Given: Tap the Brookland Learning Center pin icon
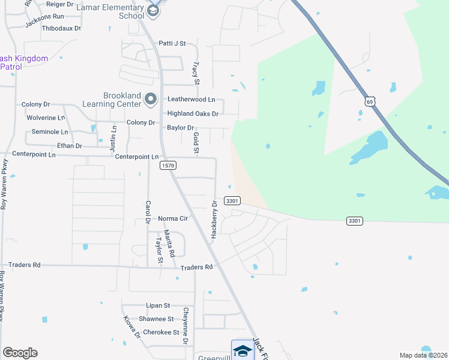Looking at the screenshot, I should pos(151,100).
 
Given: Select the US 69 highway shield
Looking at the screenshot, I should pos(370,101).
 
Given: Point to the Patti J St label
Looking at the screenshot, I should pos(172,43).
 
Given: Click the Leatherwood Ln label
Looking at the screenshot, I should pos(191,99).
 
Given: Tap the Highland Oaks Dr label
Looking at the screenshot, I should pos(193,113).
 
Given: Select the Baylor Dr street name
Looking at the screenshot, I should pos(181,128).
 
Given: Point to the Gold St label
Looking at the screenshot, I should pos(196,143).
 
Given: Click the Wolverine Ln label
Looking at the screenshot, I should pos(46,118).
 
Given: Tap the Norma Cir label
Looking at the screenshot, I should pos(173,218).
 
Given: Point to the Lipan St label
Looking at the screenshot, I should pos(158,305).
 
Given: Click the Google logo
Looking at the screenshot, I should pos(20,353).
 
